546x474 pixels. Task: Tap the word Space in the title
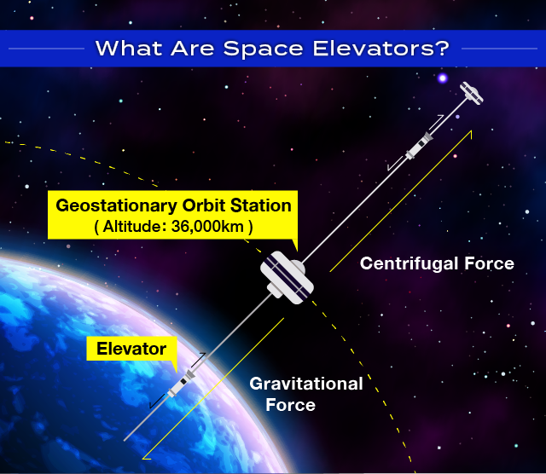coord(264,49)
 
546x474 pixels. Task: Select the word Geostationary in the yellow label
coord(117,206)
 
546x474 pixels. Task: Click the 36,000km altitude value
coord(207,227)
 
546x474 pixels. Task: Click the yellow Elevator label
coord(131,349)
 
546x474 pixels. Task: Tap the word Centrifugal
coord(408,263)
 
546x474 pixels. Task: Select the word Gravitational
coord(306,384)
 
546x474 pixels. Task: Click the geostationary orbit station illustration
coord(287,278)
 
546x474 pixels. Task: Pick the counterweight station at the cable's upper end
coord(472,93)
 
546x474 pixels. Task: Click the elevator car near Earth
coord(182,384)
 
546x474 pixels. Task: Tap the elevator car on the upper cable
coord(420,146)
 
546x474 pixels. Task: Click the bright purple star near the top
coord(443,78)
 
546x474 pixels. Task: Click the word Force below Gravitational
coord(290,405)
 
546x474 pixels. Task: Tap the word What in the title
coord(129,49)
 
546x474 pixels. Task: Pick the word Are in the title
coord(193,49)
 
